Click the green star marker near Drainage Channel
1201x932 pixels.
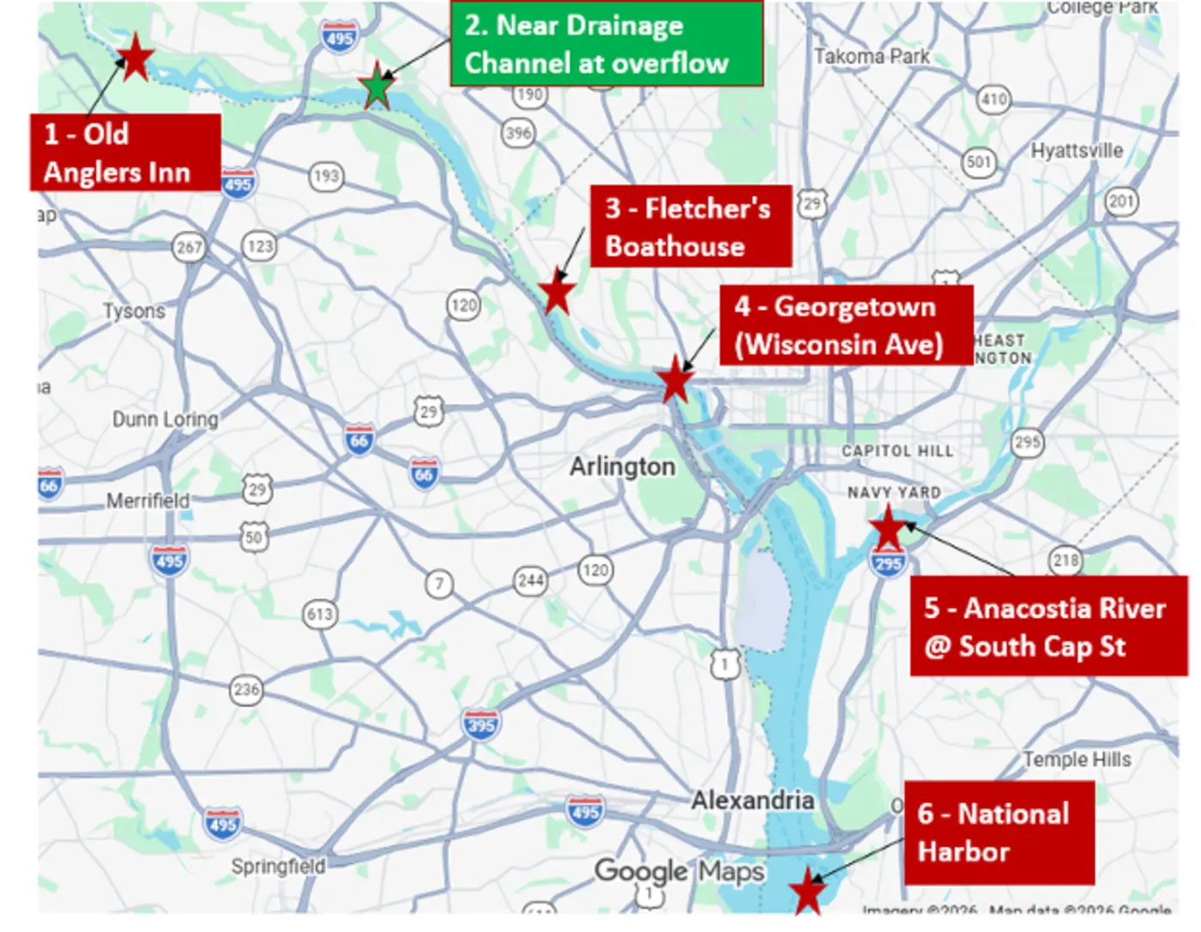pos(377,88)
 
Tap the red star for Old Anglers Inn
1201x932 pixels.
pos(135,58)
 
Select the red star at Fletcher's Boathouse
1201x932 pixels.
pos(557,294)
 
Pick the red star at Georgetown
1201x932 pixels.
pos(675,379)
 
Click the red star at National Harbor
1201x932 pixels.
pos(807,891)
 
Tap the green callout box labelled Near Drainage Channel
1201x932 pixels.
pos(606,44)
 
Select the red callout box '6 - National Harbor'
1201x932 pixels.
pos(999,832)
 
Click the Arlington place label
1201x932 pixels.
pos(622,467)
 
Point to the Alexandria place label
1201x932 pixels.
pos(752,801)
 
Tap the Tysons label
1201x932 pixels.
pos(134,311)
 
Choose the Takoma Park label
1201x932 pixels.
pos(872,57)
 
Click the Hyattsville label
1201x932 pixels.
pos(1077,151)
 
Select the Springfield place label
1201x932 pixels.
pos(278,866)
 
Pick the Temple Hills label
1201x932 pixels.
pos(1077,760)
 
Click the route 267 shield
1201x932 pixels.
pos(189,248)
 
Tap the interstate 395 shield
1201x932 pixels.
pos(480,725)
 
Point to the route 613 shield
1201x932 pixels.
pos(320,614)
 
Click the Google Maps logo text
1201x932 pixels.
pos(679,871)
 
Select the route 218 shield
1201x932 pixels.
pos(1065,560)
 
